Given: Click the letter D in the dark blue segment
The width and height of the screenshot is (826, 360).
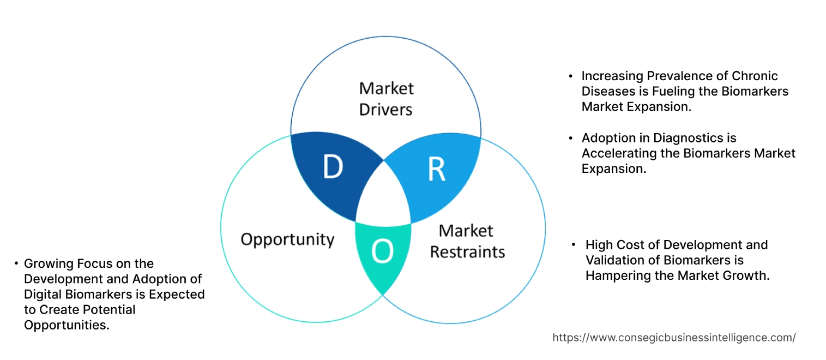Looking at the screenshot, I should click(333, 167).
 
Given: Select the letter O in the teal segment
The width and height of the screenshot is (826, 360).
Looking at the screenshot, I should click(382, 251).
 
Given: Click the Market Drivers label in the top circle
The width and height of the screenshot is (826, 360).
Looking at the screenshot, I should click(386, 99).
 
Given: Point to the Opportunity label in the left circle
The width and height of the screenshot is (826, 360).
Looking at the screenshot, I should click(287, 239).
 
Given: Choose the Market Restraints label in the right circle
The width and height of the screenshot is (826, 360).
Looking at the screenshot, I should click(467, 241).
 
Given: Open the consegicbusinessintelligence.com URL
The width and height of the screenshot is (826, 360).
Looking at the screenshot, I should click(674, 338).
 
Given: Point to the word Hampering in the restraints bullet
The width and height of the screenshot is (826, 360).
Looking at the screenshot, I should click(615, 275).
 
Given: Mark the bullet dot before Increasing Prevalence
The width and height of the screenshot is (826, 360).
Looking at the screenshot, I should click(571, 76).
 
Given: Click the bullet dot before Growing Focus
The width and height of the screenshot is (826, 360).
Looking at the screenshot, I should click(16, 263).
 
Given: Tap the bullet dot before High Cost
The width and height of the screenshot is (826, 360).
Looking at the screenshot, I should click(574, 245).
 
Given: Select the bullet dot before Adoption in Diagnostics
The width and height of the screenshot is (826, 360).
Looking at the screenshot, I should click(571, 138).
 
